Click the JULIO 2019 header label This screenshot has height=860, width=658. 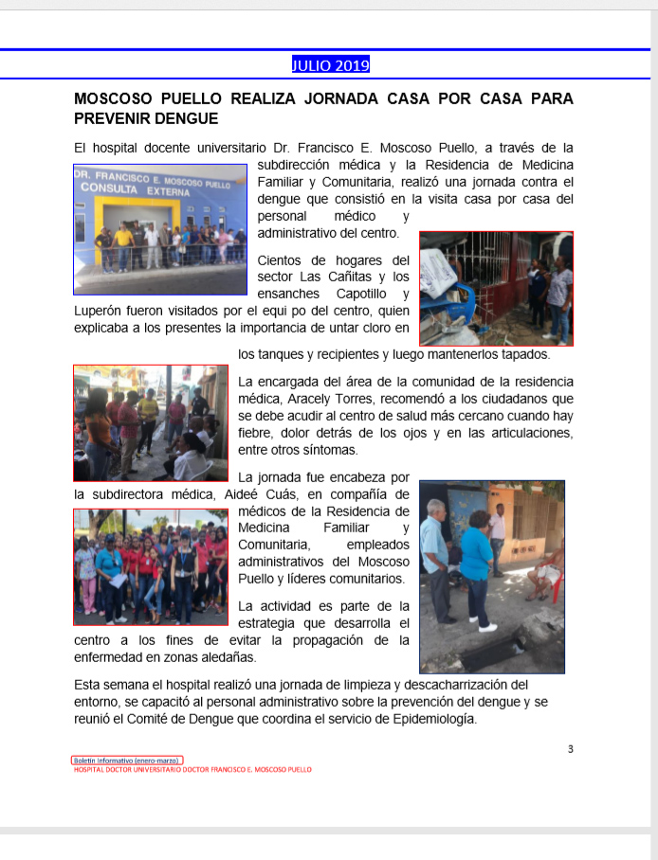click(330, 65)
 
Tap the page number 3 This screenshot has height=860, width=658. click(570, 749)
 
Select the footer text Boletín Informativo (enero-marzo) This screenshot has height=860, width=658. click(127, 760)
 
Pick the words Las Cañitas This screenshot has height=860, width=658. click(342, 277)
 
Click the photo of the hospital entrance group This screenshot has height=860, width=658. click(159, 231)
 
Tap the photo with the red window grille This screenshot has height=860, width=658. click(496, 288)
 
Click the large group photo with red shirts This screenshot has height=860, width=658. click(150, 566)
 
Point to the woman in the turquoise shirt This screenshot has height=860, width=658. click(476, 559)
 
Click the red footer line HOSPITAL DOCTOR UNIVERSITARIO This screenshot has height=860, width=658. click(192, 769)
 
